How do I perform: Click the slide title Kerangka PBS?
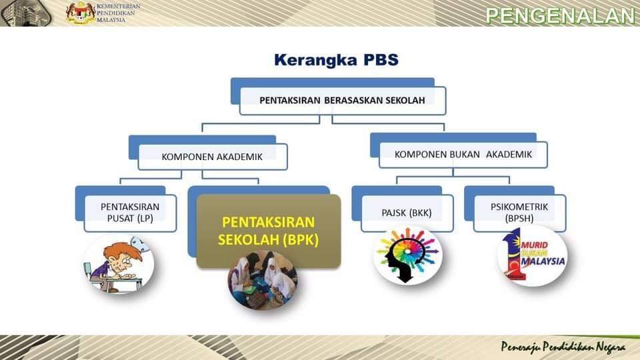pyautogui.click(x=336, y=60)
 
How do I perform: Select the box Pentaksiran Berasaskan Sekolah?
pyautogui.click(x=343, y=101)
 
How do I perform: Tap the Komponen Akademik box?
pyautogui.click(x=212, y=157)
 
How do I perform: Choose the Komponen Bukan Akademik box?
pyautogui.click(x=463, y=154)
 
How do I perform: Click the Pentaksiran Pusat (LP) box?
pyautogui.click(x=130, y=213)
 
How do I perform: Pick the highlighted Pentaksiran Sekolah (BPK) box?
pyautogui.click(x=269, y=231)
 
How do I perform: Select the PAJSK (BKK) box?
pyautogui.click(x=407, y=213)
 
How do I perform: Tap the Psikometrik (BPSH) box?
pyautogui.click(x=519, y=213)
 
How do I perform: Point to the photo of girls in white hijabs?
pyautogui.click(x=263, y=281)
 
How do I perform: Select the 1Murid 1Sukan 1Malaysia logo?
pyautogui.click(x=532, y=256)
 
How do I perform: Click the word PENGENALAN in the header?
pyautogui.click(x=561, y=15)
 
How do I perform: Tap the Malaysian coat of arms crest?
pyautogui.click(x=81, y=13)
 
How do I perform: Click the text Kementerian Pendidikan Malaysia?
pyautogui.click(x=118, y=13)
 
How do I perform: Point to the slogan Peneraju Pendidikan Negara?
pyautogui.click(x=563, y=347)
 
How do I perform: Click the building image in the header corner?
pyautogui.click(x=25, y=13)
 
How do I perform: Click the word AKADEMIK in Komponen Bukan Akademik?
pyautogui.click(x=509, y=154)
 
